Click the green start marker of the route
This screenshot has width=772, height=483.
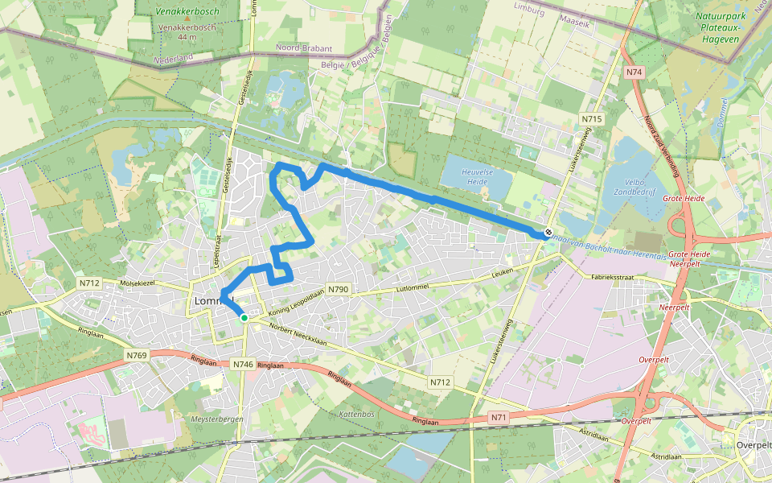(x=244, y=318)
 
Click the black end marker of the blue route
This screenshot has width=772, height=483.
(x=548, y=232)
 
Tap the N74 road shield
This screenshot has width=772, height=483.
(x=634, y=72)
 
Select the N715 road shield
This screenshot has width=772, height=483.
(x=592, y=119)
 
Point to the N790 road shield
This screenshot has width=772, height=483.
(x=339, y=290)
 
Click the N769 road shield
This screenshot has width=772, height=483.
(x=136, y=355)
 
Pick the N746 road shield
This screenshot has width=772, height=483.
(x=243, y=365)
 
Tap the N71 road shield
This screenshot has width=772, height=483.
(x=499, y=417)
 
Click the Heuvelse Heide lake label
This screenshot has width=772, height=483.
(x=474, y=176)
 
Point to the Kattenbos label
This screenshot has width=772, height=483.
(x=358, y=414)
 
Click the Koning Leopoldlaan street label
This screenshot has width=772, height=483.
(x=289, y=302)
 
